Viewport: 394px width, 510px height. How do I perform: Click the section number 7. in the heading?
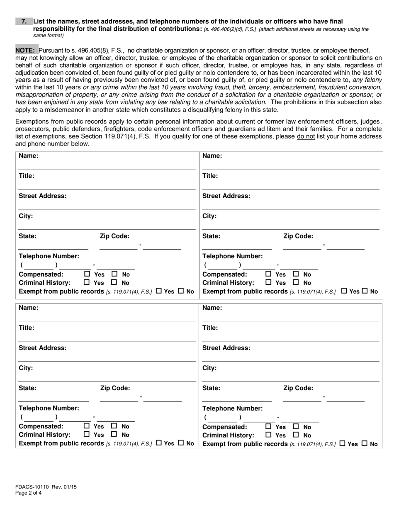tap(24, 21)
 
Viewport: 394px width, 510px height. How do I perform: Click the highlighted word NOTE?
tap(25, 50)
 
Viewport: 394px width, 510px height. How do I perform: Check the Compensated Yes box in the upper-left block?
tap(87, 274)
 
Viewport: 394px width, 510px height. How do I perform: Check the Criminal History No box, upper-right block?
tap(296, 283)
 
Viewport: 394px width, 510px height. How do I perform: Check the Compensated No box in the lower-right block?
tap(296, 426)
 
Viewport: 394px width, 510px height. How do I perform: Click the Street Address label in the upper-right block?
tap(226, 196)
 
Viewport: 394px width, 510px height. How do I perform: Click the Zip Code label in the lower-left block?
tap(115, 389)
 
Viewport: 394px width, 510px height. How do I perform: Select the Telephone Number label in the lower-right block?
tap(232, 408)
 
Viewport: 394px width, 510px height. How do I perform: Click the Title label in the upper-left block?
tap(27, 176)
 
